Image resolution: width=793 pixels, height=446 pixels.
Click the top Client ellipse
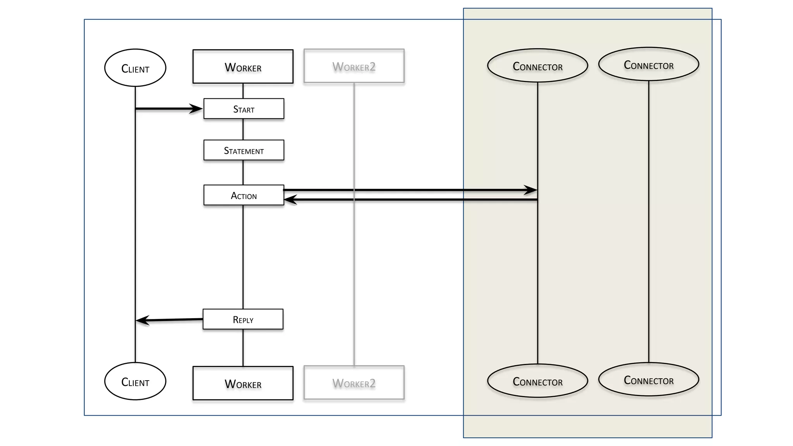point(135,68)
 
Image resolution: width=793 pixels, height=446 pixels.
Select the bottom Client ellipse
point(135,381)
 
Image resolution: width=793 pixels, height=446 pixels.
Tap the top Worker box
point(243,67)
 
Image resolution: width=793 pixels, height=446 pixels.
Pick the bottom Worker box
point(243,383)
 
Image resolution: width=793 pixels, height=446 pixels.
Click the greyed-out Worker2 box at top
point(354,66)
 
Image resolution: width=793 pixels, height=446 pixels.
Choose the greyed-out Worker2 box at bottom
point(354,383)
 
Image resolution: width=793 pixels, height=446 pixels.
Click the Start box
point(244,109)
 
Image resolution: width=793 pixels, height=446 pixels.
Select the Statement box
point(244,150)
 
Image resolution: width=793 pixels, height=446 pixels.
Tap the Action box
point(244,195)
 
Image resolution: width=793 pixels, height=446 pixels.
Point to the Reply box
point(243,319)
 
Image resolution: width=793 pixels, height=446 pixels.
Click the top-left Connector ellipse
point(537,65)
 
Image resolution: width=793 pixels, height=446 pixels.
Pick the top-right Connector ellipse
point(649,64)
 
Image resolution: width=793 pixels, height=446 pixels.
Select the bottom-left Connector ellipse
point(537,381)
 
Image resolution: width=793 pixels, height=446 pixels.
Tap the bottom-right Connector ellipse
point(649,379)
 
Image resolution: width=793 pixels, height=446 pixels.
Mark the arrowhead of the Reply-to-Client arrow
point(142,321)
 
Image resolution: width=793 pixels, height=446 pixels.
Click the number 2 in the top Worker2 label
point(372,67)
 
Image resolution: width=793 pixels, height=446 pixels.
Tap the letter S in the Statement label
point(227,151)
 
